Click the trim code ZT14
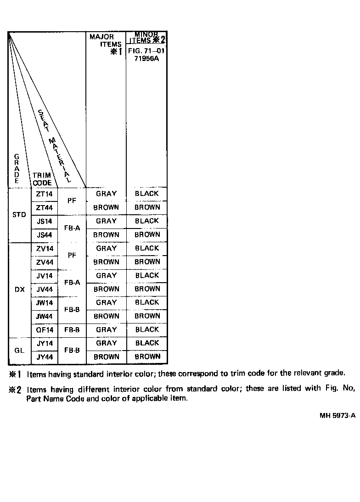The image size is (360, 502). click(x=45, y=194)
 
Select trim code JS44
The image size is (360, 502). click(x=45, y=235)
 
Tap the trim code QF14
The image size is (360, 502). click(x=45, y=330)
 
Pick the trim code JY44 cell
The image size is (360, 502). click(x=45, y=357)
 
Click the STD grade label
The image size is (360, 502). click(x=19, y=215)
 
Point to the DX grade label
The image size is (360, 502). click(x=20, y=290)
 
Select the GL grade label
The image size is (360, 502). click(x=19, y=351)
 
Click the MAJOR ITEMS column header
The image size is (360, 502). click(x=106, y=41)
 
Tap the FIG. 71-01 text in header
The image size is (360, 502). click(x=146, y=51)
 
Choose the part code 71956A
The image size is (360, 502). click(x=146, y=59)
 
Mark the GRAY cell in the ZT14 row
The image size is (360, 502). click(x=106, y=194)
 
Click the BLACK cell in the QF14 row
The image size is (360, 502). click(x=147, y=329)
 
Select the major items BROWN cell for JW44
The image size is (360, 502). click(x=106, y=316)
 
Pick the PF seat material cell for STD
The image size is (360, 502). click(x=72, y=201)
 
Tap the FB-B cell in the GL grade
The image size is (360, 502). click(x=72, y=350)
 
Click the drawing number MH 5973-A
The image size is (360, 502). click(x=337, y=416)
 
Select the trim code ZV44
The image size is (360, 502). click(x=45, y=262)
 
